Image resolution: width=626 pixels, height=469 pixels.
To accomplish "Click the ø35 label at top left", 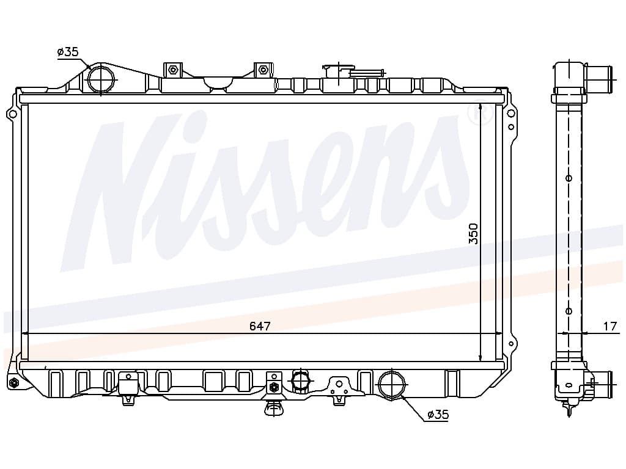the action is coord(68,52).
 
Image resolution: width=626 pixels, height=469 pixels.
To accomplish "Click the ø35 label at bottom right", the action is coord(438,415).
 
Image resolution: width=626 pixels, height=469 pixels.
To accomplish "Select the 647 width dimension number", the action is coord(260,326).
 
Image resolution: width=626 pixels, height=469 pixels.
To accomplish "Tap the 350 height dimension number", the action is coord(473,234).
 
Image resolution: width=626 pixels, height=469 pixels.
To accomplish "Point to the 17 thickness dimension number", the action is coord(610,326).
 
